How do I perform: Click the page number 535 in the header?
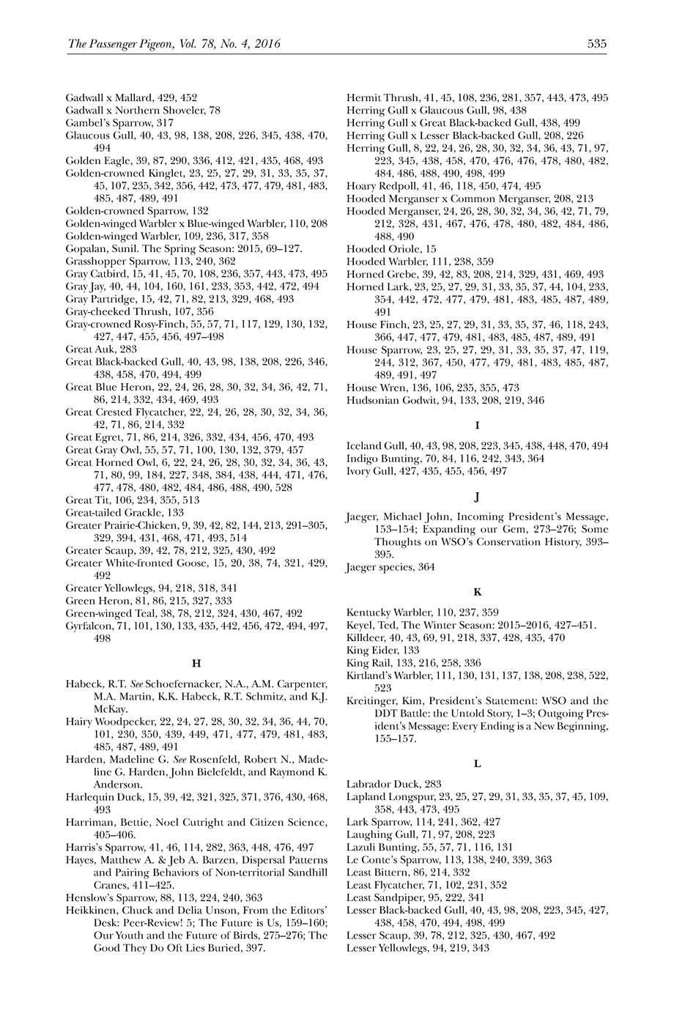pyautogui.click(x=596, y=44)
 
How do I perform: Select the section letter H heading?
pyautogui.click(x=196, y=664)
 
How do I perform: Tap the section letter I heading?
pyautogui.click(x=477, y=425)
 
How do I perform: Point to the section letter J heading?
pyautogui.click(x=477, y=498)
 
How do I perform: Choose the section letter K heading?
pyautogui.click(x=477, y=591)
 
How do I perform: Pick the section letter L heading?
pyautogui.click(x=477, y=764)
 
